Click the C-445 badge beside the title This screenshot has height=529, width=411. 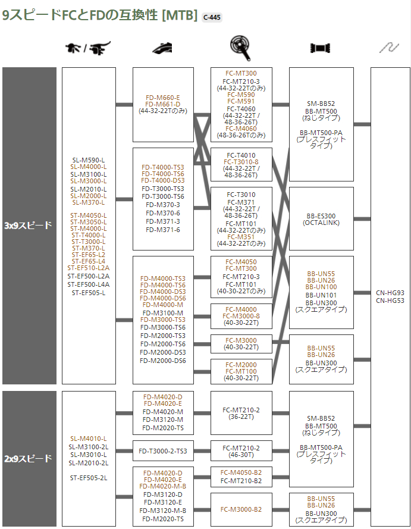point(212,17)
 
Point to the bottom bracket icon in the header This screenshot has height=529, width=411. point(321,48)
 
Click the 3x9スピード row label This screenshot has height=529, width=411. point(29,226)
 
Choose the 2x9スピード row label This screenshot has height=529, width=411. point(29,458)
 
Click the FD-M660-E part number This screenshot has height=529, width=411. point(162,98)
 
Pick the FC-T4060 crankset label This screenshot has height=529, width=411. point(241,108)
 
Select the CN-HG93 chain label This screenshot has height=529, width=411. point(390,293)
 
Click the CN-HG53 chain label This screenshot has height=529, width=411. point(390,301)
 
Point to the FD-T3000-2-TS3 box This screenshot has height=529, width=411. point(162,451)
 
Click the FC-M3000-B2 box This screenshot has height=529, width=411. point(241,509)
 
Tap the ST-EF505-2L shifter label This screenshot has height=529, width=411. point(89,477)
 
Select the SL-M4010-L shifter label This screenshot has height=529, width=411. point(89,439)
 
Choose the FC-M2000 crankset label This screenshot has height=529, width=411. point(241,365)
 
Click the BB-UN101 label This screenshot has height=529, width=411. point(321,295)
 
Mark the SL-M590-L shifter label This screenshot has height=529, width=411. point(89,159)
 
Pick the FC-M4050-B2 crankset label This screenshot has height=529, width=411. point(241,474)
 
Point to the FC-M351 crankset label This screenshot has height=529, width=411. point(241,237)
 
